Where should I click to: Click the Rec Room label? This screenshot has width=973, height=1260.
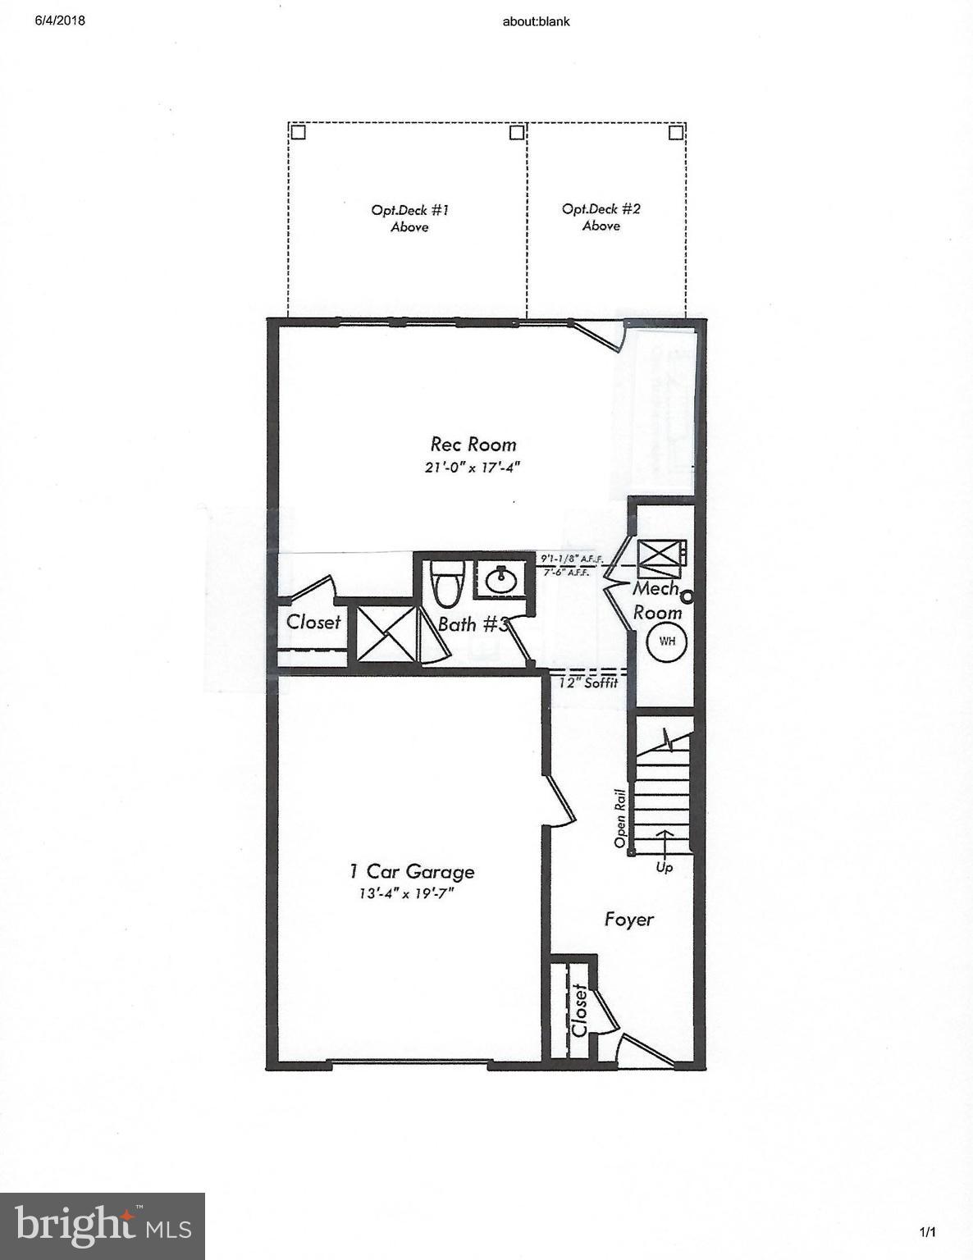[x=473, y=445]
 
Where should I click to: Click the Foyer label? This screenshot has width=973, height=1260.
[x=629, y=919]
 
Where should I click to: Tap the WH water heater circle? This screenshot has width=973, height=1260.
[x=667, y=641]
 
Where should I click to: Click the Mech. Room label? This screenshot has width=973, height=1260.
[x=657, y=600]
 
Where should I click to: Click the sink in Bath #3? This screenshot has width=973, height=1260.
[x=500, y=581]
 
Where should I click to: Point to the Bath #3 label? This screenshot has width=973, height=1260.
[x=469, y=624]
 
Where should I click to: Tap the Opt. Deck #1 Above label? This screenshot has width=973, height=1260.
[x=409, y=218]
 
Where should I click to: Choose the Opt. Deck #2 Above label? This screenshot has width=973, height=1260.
[x=601, y=217]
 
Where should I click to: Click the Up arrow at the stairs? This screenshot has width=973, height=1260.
[x=664, y=845]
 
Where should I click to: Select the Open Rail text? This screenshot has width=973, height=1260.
[x=621, y=819]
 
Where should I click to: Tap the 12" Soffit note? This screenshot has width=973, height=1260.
[x=588, y=682]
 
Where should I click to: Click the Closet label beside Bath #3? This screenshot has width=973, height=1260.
[x=313, y=622]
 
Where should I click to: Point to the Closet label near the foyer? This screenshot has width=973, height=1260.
[x=579, y=1011]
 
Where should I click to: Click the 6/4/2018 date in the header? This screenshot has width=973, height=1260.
[x=60, y=21]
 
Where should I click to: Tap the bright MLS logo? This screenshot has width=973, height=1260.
[x=103, y=1226]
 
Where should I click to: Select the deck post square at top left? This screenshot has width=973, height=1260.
[x=298, y=131]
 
